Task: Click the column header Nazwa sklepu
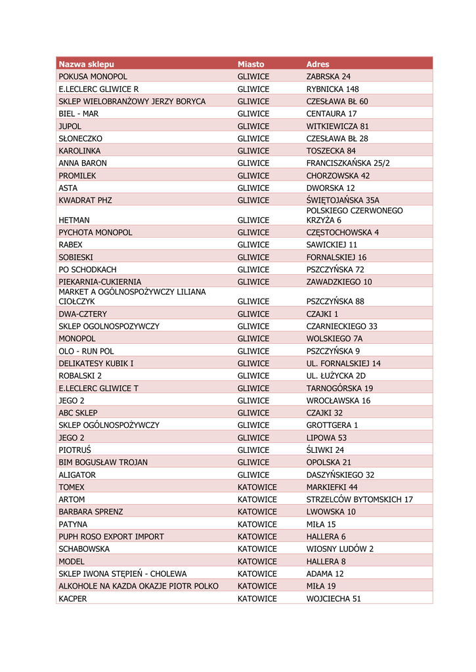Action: click(86, 64)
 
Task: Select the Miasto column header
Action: click(251, 64)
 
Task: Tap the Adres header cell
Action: click(318, 64)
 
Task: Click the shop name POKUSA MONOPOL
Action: click(93, 77)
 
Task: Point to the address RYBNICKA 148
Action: click(332, 89)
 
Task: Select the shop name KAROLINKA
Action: click(79, 151)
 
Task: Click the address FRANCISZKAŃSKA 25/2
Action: click(347, 163)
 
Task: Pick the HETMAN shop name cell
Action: click(74, 220)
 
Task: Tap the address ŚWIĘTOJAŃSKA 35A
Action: click(343, 200)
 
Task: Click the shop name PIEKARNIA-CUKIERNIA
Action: click(100, 282)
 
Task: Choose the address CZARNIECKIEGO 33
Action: click(341, 326)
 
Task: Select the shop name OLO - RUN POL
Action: click(86, 351)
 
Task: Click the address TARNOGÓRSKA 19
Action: click(339, 388)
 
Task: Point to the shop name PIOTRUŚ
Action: click(74, 450)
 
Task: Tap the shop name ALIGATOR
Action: click(77, 475)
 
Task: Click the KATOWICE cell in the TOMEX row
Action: click(257, 488)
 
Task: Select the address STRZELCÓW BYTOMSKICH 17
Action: click(359, 500)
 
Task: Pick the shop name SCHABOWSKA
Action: click(84, 549)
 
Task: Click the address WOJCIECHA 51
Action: click(334, 598)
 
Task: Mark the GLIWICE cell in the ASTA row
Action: click(253, 188)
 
